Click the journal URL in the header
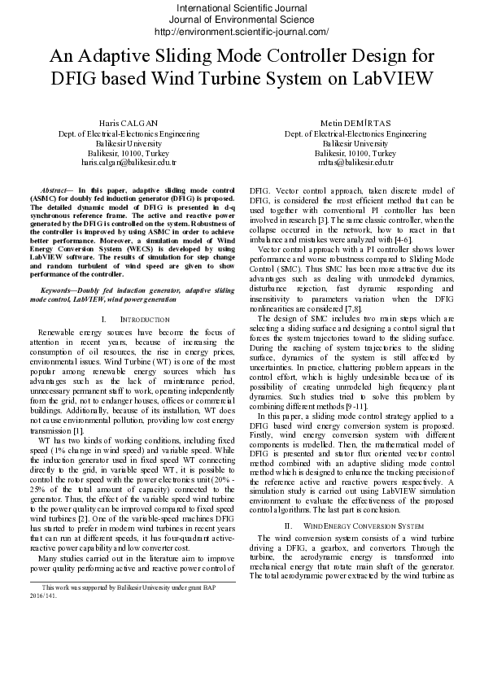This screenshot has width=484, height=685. tap(241, 32)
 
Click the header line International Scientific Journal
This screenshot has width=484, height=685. tap(241, 8)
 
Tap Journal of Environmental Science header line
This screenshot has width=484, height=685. tap(241, 20)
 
